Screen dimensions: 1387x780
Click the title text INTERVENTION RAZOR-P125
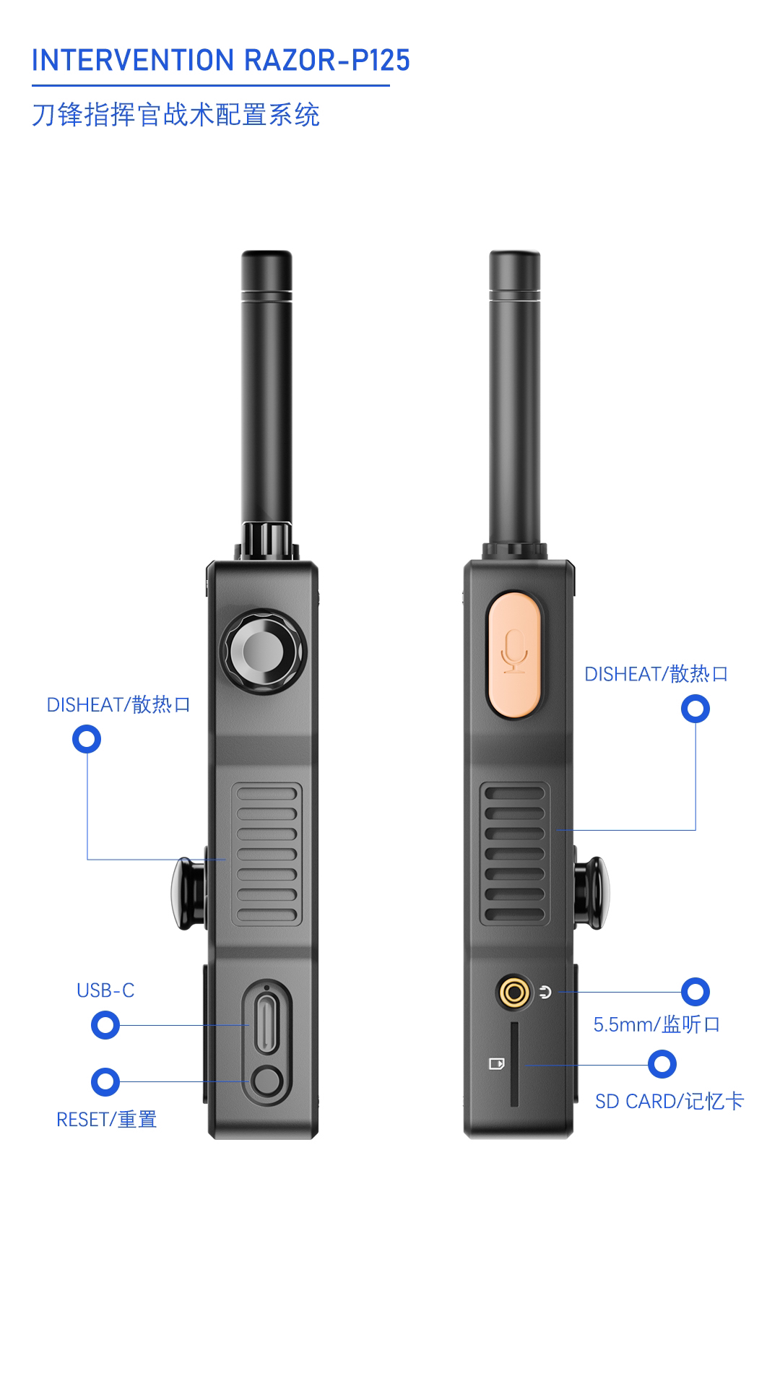coord(220,61)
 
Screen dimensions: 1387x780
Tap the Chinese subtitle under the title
coord(175,115)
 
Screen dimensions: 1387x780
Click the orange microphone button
coord(514,654)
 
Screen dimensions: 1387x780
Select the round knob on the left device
coord(263,652)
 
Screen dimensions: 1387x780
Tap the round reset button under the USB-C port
coord(266,1081)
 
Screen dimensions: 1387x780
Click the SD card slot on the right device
coord(514,1064)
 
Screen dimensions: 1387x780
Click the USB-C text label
coord(105,990)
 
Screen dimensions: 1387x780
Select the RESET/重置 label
coord(106,1120)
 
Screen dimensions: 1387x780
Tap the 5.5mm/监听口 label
coord(656,1024)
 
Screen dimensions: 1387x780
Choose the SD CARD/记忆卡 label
coord(669,1102)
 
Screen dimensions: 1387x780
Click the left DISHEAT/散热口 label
coord(118,705)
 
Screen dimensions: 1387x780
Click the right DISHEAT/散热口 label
coord(656,674)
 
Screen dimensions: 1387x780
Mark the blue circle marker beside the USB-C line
coord(105,1025)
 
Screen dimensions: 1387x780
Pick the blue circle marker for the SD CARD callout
coord(662,1064)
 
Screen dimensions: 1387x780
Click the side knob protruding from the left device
coord(187,894)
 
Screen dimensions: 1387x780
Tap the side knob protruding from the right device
coord(591,894)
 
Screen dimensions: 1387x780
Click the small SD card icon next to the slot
coord(496,1064)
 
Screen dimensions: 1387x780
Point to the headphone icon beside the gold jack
coord(545,992)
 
